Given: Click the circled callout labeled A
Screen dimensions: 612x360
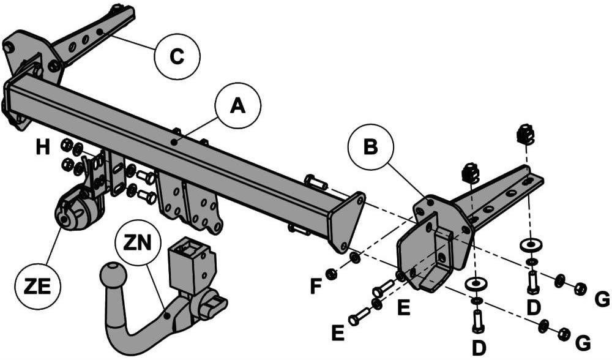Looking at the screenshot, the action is (x=237, y=106).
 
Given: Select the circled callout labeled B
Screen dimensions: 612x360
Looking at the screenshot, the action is (x=371, y=147).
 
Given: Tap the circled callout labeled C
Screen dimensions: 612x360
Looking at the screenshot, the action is (x=177, y=56).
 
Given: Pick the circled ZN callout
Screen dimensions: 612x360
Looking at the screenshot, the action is (x=138, y=243).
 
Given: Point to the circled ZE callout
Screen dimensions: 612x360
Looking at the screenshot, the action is (x=38, y=287).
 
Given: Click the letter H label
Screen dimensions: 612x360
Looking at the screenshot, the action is (x=43, y=148).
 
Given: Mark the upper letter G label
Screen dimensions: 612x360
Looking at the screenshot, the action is (x=602, y=299).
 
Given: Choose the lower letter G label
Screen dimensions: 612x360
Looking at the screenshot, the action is (x=583, y=343).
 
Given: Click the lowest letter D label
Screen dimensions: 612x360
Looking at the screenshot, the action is (x=479, y=348).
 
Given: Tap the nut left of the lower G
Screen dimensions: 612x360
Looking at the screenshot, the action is (x=563, y=334).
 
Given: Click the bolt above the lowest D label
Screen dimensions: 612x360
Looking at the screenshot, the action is (x=479, y=321).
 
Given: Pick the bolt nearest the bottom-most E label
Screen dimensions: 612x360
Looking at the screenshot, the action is (x=359, y=316).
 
